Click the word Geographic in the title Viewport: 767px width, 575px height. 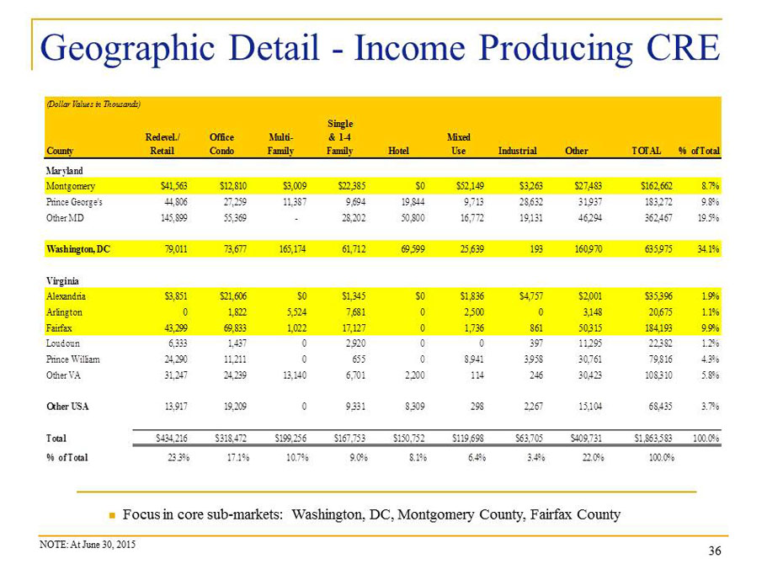[127, 49]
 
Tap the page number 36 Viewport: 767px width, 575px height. [715, 551]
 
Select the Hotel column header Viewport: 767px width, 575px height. [398, 151]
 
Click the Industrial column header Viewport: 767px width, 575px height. [517, 151]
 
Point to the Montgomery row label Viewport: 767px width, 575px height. [71, 186]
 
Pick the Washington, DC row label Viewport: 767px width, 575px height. [78, 249]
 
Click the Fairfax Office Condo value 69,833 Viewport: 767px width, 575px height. [235, 328]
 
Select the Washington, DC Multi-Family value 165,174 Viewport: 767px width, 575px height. [292, 249]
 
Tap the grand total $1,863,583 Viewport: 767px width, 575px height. [652, 439]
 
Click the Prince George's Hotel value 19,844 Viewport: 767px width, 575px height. [413, 202]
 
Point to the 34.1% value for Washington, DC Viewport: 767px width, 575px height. [708, 249]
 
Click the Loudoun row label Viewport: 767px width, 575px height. [62, 343]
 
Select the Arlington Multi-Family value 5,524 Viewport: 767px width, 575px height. [296, 312]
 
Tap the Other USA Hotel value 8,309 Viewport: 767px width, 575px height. [413, 407]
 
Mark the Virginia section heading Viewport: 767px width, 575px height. [62, 281]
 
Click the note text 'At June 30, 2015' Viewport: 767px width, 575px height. [103, 545]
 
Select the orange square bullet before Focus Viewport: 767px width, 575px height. [112, 515]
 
